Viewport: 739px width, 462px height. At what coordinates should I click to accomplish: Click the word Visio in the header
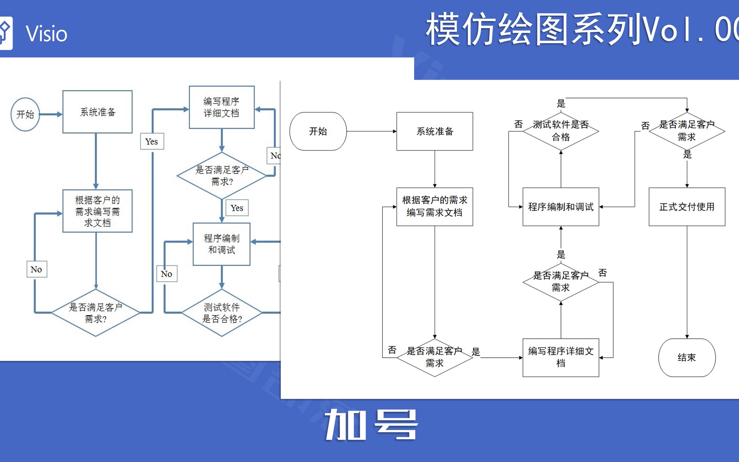pos(47,34)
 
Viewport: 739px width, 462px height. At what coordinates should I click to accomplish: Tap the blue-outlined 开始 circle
pos(25,114)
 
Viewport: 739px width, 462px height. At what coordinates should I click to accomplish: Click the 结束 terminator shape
pos(687,357)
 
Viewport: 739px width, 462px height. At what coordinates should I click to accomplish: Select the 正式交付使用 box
pos(687,207)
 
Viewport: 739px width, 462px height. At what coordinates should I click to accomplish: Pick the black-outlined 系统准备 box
pos(435,131)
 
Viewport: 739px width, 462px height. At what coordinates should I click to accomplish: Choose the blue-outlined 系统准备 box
pos(97,112)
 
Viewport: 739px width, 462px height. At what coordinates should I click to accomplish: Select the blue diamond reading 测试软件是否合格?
pos(222,313)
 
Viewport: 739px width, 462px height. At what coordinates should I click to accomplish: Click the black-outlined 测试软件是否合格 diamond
pos(560,131)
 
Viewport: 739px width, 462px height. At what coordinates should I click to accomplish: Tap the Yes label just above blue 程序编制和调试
pos(237,208)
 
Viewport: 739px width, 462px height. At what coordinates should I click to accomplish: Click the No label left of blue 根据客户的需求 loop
pos(37,269)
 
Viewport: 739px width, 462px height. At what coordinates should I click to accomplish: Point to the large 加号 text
pos(371,425)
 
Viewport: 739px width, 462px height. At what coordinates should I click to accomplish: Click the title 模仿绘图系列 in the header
pos(533,30)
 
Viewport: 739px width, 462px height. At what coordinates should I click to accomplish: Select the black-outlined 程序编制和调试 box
pos(560,207)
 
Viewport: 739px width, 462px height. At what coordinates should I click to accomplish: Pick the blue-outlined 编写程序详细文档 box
pos(222,107)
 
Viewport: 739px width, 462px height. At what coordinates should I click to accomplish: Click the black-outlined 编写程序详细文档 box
pos(560,357)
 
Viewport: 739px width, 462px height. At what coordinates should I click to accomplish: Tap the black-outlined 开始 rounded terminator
pos(318,131)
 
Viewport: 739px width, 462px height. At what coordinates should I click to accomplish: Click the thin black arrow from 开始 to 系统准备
pos(371,131)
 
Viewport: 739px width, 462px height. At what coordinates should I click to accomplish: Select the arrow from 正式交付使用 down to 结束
pos(687,282)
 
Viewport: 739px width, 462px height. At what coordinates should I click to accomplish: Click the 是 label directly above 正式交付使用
pos(687,155)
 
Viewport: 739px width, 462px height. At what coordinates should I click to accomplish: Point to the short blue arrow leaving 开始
pos(51,114)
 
